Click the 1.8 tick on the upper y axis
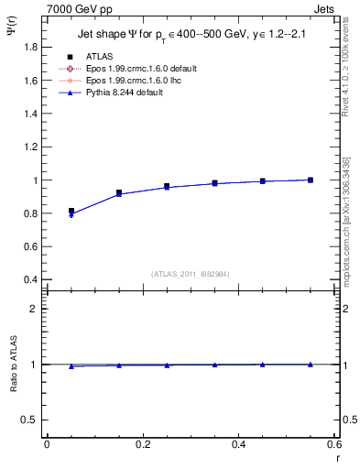point(31,47)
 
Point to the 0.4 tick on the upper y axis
point(31,279)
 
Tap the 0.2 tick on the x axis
point(142,444)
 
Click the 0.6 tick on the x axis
point(334,444)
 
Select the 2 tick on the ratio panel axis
point(35,309)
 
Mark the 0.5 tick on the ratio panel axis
point(31,420)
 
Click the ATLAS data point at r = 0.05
point(71,211)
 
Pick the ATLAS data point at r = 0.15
point(119,192)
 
